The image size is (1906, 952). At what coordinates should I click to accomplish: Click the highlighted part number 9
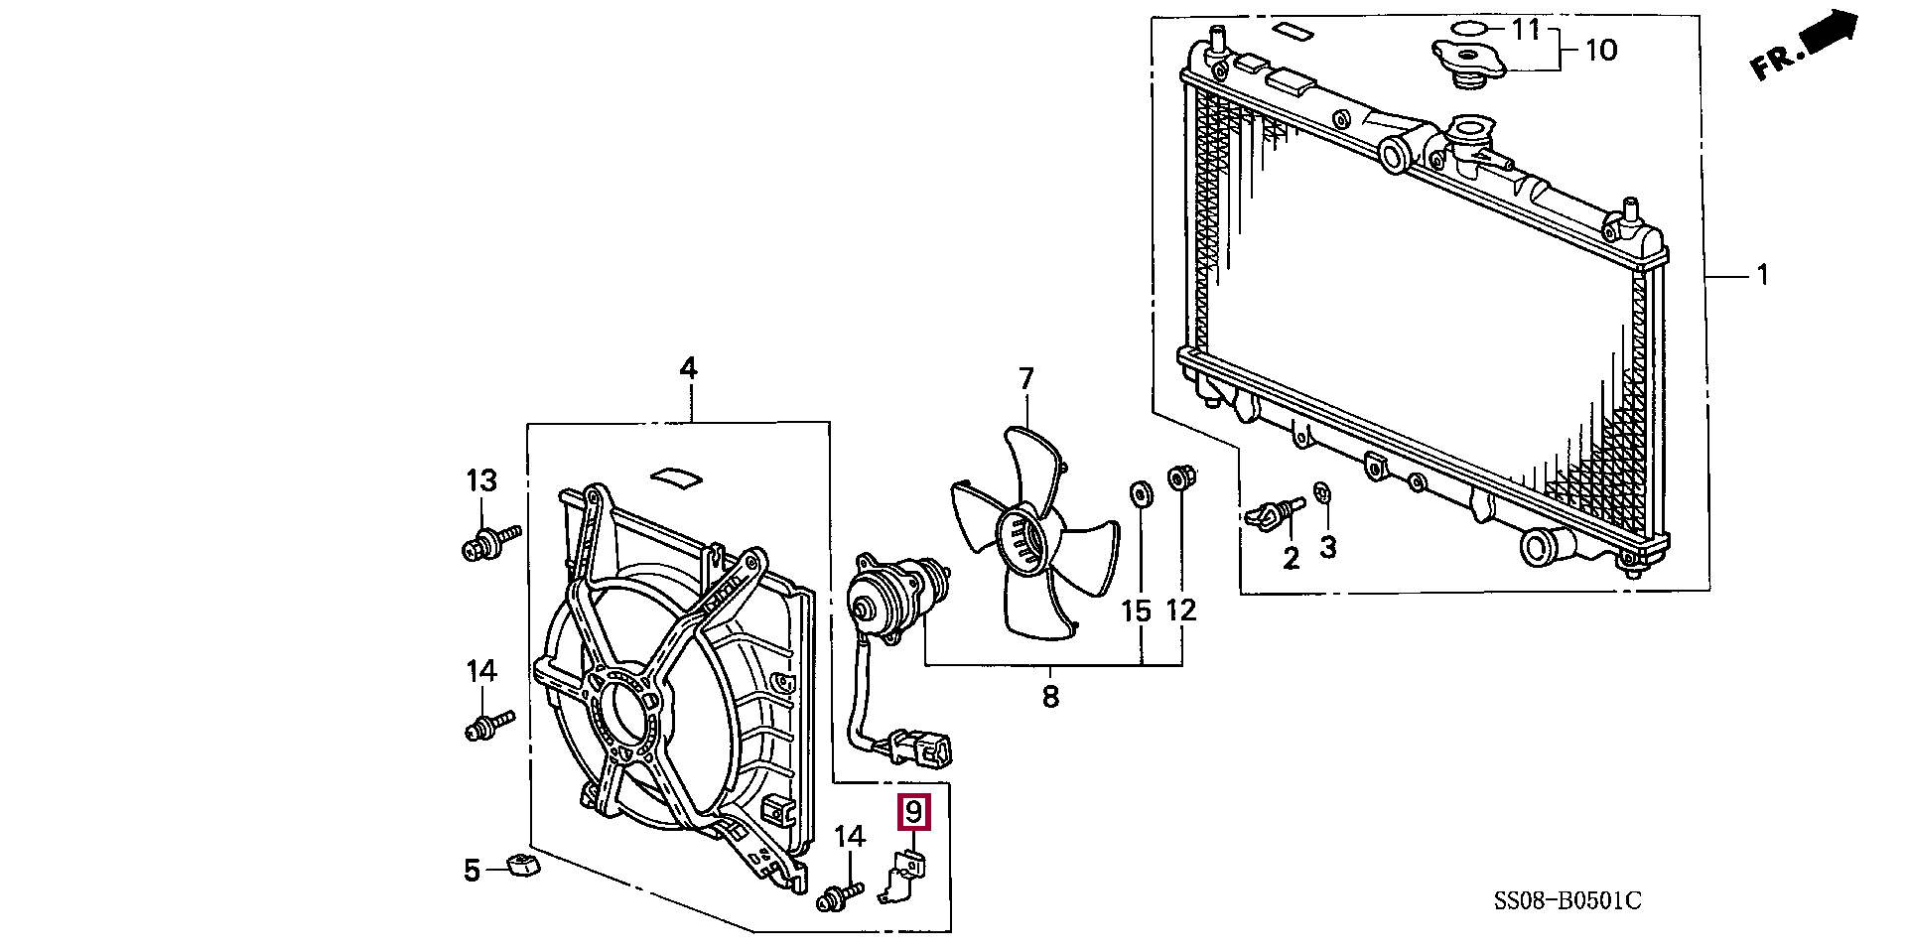(913, 812)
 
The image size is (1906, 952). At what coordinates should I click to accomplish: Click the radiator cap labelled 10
(1468, 61)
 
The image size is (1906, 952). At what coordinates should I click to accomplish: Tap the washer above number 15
(1139, 493)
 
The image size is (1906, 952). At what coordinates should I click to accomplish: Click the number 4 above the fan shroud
(688, 369)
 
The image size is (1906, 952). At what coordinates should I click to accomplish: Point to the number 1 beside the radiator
(1763, 275)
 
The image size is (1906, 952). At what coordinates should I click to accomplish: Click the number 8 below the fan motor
(1050, 697)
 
